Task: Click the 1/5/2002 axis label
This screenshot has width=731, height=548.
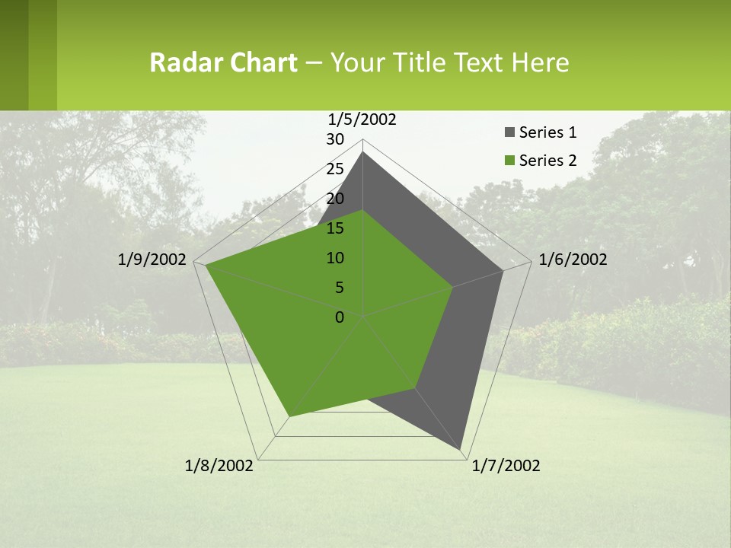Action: coord(362,119)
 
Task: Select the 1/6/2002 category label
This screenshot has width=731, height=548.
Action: coord(572,260)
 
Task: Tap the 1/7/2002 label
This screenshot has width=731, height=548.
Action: coord(506,466)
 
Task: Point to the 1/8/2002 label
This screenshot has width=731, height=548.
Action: coord(219,466)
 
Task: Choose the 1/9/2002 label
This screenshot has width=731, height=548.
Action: coord(152,260)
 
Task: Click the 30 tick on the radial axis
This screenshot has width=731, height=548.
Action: coord(335,139)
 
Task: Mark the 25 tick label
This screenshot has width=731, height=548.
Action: coord(335,169)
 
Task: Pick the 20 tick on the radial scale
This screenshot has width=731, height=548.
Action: coord(335,199)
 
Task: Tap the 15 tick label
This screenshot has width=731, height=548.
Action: coord(335,228)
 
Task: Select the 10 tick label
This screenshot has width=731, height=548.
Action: coord(335,258)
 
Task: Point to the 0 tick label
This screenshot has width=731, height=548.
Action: coord(340,317)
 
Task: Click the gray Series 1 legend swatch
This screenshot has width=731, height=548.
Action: coord(509,133)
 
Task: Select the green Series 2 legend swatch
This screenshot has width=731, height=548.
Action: coord(509,161)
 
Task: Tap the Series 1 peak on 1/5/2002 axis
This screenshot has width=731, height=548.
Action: coord(362,152)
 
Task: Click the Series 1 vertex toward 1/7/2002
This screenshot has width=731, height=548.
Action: coord(461,451)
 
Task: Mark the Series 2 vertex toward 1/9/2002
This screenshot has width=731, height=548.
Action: coord(206,266)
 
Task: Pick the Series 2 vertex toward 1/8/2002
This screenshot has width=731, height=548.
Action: coord(289,416)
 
